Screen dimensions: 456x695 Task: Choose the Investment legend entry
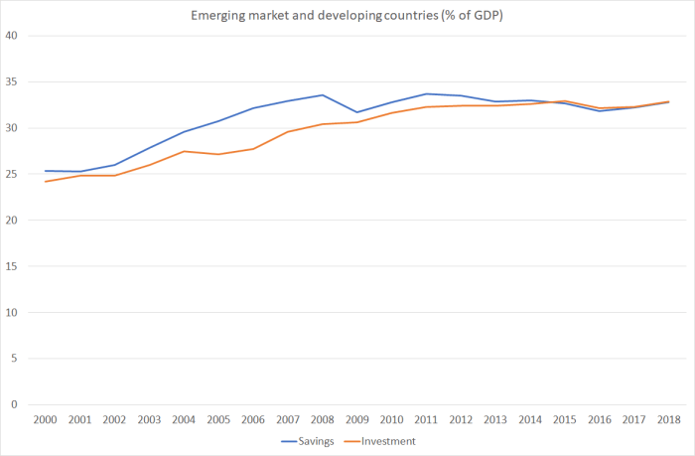tap(386, 440)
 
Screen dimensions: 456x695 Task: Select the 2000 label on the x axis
tap(45, 420)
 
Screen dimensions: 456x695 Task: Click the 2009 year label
tap(356, 420)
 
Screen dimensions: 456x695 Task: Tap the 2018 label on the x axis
tap(667, 420)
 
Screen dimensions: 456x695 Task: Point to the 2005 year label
tap(217, 420)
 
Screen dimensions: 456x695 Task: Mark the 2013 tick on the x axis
tap(494, 420)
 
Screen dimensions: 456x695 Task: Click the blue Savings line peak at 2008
tap(322, 95)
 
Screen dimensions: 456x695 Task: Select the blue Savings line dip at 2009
tap(356, 112)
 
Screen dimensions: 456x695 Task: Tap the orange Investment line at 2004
tap(184, 151)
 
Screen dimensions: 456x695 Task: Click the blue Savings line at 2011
tap(425, 93)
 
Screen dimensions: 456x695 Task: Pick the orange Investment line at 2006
tap(252, 149)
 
